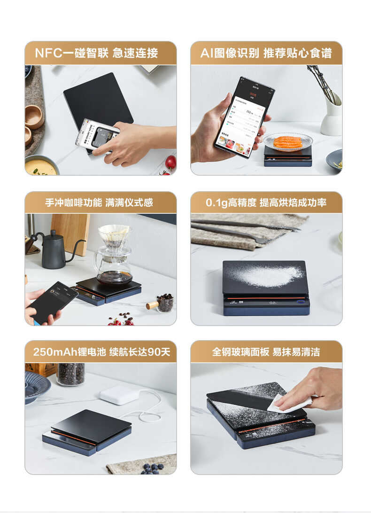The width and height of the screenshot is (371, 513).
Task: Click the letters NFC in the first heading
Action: pyautogui.click(x=48, y=53)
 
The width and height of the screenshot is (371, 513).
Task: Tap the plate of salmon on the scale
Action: pyautogui.click(x=287, y=141)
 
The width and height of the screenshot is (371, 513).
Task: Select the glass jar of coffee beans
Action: pyautogui.click(x=70, y=374)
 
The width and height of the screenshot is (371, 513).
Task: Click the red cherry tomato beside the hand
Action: pyautogui.click(x=170, y=163)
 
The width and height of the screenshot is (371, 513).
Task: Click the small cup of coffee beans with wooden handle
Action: pyautogui.click(x=163, y=303)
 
